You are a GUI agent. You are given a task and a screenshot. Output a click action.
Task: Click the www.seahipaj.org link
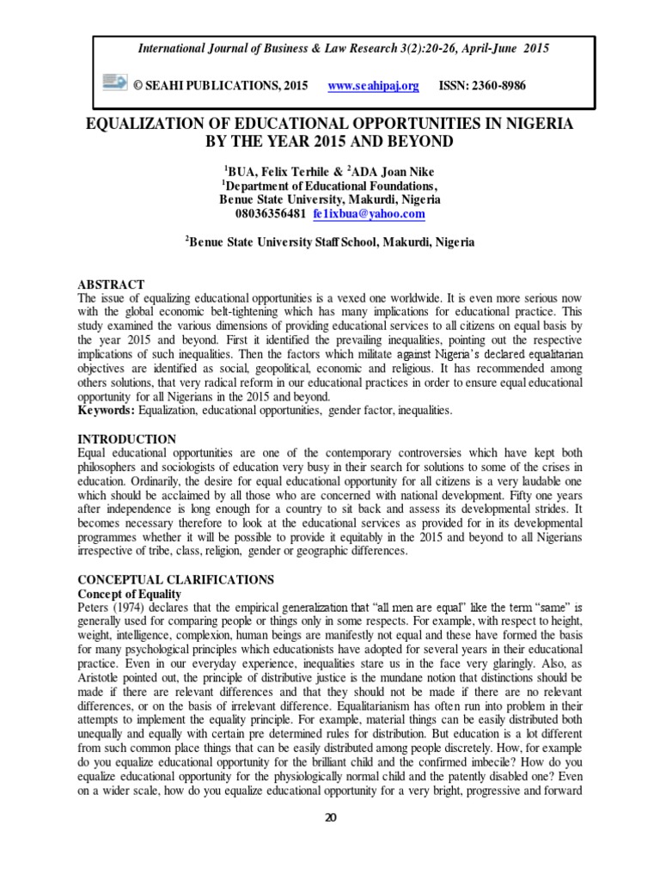click(x=374, y=86)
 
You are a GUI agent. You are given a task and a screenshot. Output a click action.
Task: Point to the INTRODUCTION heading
click(x=127, y=439)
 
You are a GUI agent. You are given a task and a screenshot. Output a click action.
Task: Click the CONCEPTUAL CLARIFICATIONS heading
click(x=176, y=580)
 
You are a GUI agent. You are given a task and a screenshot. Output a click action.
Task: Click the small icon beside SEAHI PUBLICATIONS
click(x=113, y=83)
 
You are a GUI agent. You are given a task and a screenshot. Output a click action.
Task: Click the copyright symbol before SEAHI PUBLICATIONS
click(x=134, y=86)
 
